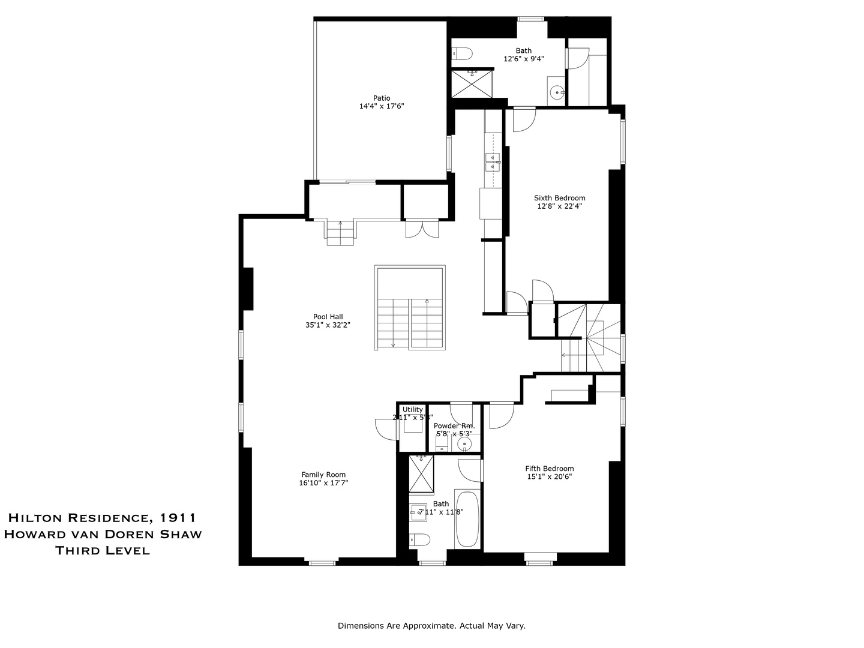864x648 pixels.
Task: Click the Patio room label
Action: pyautogui.click(x=382, y=98)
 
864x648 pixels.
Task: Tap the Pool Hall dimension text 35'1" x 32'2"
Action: pyautogui.click(x=328, y=325)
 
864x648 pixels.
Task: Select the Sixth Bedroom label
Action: pyautogui.click(x=560, y=198)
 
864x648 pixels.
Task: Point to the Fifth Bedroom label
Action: pyautogui.click(x=549, y=469)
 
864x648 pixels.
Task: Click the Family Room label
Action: pyautogui.click(x=323, y=475)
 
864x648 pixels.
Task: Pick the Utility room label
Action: pyautogui.click(x=413, y=409)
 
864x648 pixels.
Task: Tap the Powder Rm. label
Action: pyautogui.click(x=454, y=425)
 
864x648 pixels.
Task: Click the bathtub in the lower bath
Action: pyautogui.click(x=467, y=518)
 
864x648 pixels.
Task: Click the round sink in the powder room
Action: pyautogui.click(x=464, y=445)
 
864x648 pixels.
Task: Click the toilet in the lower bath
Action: pyautogui.click(x=419, y=540)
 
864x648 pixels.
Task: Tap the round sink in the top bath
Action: pyautogui.click(x=557, y=92)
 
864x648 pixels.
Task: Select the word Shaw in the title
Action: pyautogui.click(x=179, y=534)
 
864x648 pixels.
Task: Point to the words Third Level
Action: pyautogui.click(x=103, y=550)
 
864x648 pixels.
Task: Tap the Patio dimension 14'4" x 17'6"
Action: pyautogui.click(x=382, y=106)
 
